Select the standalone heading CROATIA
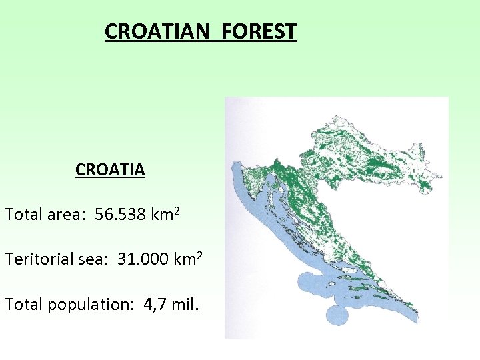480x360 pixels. click(x=110, y=170)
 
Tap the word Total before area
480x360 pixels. click(x=24, y=215)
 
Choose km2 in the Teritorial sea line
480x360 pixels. click(x=189, y=259)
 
